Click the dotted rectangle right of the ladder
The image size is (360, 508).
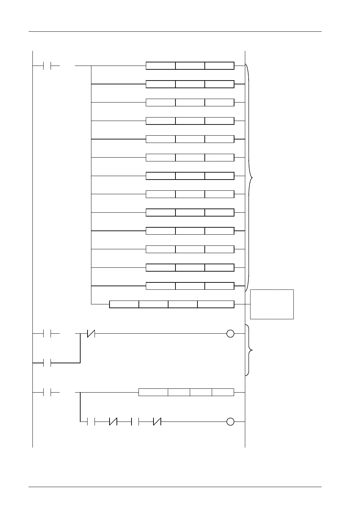[x=272, y=304]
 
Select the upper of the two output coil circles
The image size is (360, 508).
[x=230, y=334]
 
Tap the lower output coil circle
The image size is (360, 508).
[x=230, y=422]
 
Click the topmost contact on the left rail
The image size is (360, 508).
[x=47, y=66]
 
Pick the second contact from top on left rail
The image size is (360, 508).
[x=47, y=334]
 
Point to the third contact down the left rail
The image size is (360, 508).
[x=47, y=363]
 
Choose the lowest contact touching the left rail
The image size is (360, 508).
[x=47, y=392]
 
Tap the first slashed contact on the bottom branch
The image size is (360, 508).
[x=113, y=422]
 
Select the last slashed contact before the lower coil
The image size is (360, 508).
[x=157, y=422]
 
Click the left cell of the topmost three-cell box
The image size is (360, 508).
[x=160, y=66]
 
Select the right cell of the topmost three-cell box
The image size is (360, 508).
[x=219, y=66]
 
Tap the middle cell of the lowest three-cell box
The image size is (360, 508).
[x=190, y=286]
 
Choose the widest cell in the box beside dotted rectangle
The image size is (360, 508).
[x=216, y=304]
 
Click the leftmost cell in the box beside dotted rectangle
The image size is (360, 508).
[x=124, y=304]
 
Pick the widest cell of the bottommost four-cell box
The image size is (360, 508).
[x=153, y=392]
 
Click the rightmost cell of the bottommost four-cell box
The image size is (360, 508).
[x=223, y=392]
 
